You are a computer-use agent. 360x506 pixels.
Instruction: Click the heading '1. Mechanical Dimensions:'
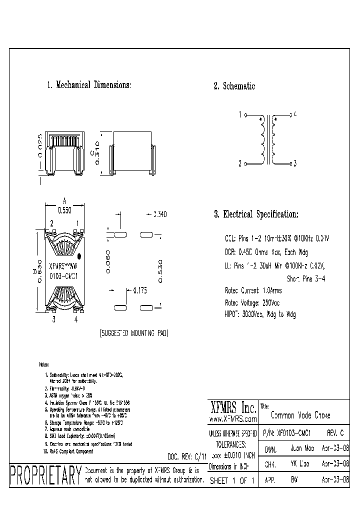(88, 85)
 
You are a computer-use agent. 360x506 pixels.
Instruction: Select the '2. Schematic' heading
(234, 86)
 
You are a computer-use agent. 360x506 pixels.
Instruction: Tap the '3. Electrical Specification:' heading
(256, 214)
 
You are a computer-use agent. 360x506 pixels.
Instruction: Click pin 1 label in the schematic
(240, 114)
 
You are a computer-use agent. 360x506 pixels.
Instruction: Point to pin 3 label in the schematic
(295, 163)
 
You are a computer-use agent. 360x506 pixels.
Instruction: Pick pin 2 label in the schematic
(240, 163)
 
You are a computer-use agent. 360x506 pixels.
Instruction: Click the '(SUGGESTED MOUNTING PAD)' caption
(133, 333)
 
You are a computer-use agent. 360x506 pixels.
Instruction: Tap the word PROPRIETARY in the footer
(45, 475)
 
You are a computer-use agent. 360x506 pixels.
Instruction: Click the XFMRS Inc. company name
(232, 407)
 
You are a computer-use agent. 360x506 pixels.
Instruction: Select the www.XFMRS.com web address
(232, 419)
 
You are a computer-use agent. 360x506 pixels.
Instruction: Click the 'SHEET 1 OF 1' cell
(232, 479)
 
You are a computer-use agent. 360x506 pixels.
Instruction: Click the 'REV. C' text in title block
(335, 433)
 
